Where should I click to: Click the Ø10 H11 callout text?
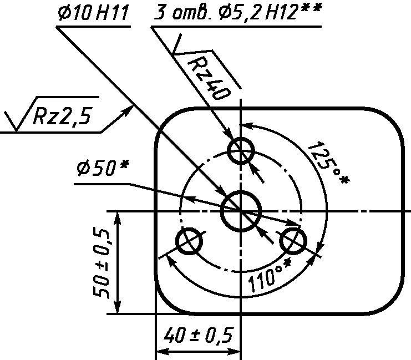94,13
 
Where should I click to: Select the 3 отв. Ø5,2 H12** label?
237,12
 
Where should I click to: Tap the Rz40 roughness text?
209,78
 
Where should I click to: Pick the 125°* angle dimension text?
328,163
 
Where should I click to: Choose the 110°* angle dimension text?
270,276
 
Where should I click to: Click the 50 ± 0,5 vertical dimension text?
101,263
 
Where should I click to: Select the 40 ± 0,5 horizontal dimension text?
198,335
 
